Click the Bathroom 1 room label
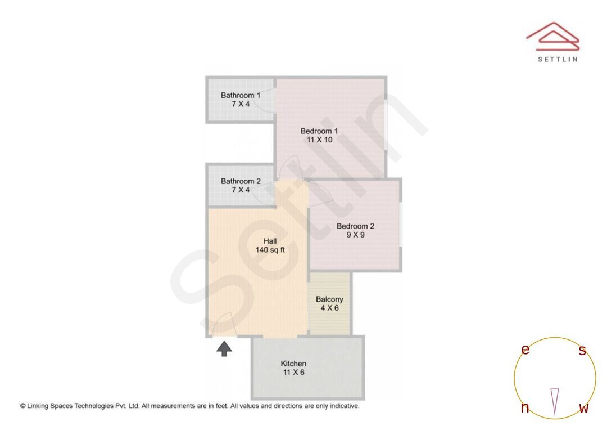click(240, 95)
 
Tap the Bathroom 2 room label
click(240, 181)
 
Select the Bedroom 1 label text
click(319, 131)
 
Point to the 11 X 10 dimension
click(319, 140)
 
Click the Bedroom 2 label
click(355, 226)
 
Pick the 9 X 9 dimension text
click(355, 235)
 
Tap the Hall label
click(270, 241)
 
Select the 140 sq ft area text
click(270, 250)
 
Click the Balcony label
click(329, 299)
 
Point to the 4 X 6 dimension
click(329, 308)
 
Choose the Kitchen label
click(293, 364)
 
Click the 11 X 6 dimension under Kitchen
click(293, 373)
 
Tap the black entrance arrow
click(224, 349)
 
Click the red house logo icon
click(552, 36)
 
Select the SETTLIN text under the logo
click(557, 59)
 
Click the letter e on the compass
click(525, 350)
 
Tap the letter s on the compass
click(582, 351)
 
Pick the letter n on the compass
click(525, 408)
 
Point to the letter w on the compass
click(583, 409)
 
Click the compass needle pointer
click(555, 401)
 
